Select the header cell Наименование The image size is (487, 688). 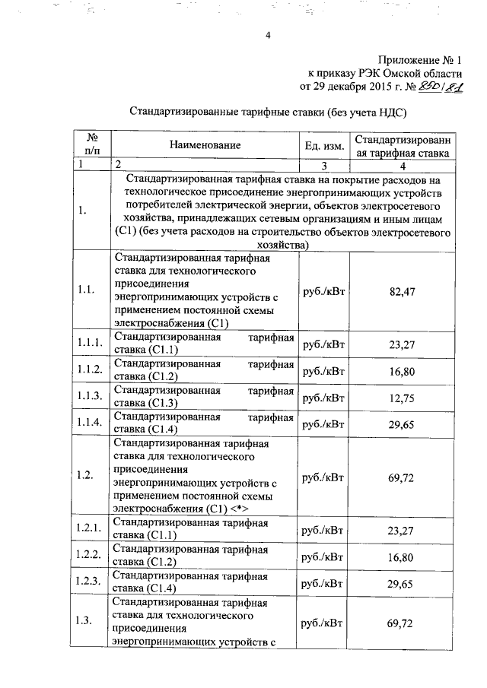[x=205, y=144]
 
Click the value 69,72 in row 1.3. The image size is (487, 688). [x=401, y=623]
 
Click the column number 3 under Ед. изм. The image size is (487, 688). [x=323, y=165]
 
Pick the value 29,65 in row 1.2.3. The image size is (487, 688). [x=401, y=582]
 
